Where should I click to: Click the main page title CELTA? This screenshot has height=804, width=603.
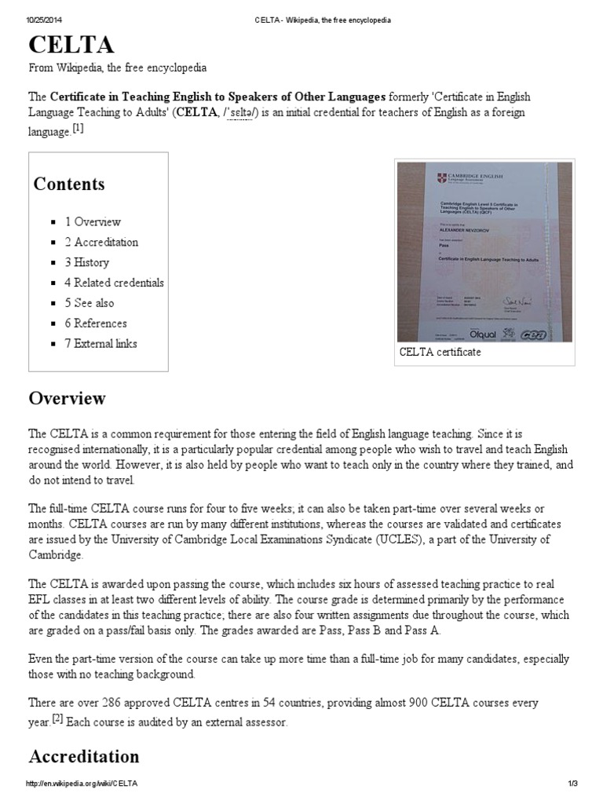tap(71, 43)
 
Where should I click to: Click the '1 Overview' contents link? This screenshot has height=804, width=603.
tap(93, 221)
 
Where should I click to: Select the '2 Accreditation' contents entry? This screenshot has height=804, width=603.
tap(101, 242)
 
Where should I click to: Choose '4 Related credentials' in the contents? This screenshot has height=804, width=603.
tap(114, 283)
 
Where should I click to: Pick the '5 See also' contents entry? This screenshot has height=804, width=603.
tap(90, 303)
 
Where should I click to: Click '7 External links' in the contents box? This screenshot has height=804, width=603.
tap(100, 343)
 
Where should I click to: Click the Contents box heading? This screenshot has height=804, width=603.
tap(68, 185)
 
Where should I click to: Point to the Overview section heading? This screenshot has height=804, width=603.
tap(67, 398)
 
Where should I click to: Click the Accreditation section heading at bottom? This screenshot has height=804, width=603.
tap(84, 756)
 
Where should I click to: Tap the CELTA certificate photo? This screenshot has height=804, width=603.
tap(484, 251)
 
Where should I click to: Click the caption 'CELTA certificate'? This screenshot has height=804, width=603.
tap(440, 353)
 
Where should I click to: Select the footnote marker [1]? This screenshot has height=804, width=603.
tap(78, 130)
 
